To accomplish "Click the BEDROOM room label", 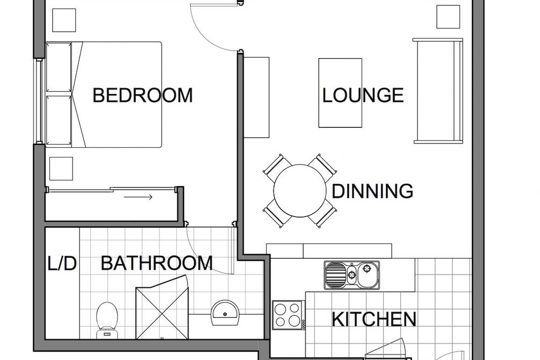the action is point(143,95).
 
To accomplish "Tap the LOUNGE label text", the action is point(363,95).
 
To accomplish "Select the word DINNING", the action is point(372,191).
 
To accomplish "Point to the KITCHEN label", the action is point(374,319).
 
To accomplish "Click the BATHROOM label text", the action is point(156,263).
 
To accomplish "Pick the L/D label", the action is point(62,263).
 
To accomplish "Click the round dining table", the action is point(300,191).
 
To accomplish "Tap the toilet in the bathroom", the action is point(107,320).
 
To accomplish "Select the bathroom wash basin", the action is point(225,312).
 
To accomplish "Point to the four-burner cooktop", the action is point(287,315).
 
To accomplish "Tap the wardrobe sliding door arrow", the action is point(138,197).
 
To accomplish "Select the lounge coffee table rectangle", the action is point(340,93).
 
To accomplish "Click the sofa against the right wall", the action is point(438,91).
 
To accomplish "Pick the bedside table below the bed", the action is point(61,168).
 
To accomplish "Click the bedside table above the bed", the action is point(64,20).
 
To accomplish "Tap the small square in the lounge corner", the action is point(448,17).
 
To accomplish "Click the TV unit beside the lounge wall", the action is point(256,98).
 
